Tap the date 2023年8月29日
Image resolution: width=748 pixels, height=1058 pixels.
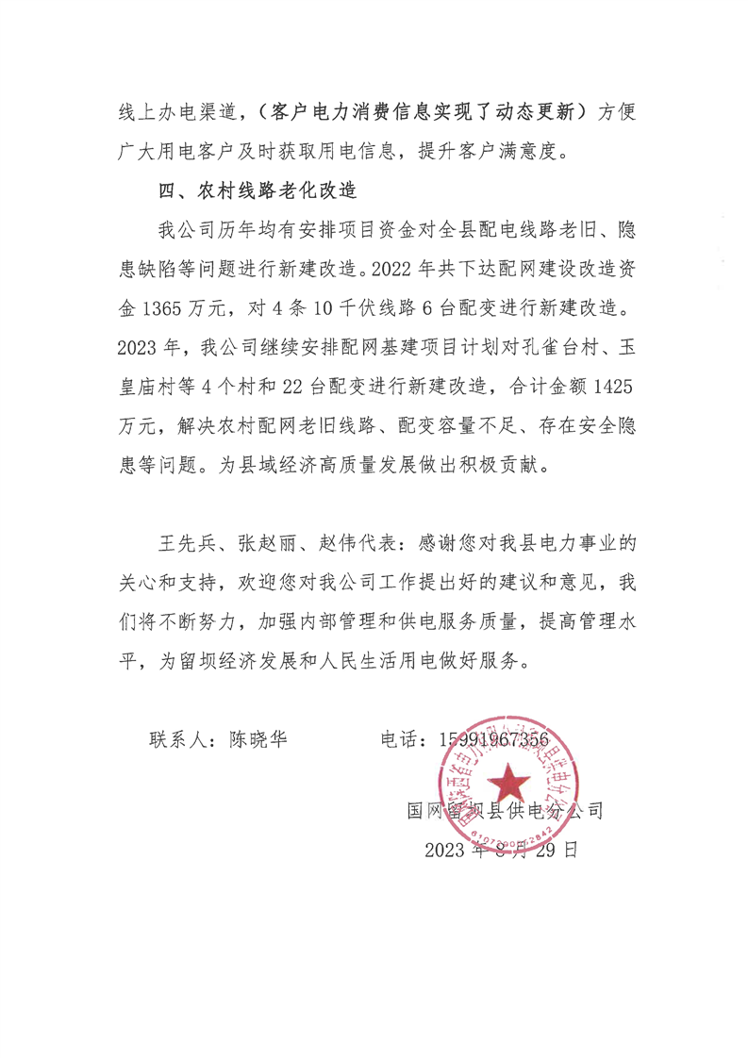[500, 849]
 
